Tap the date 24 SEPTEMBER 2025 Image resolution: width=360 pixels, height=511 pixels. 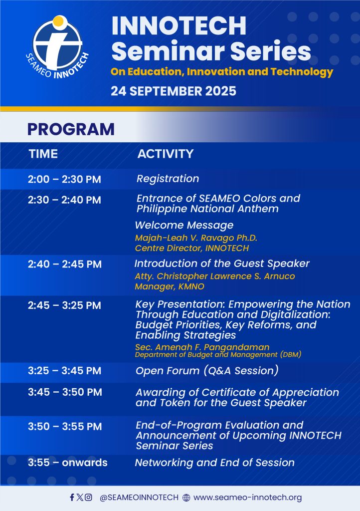click(174, 91)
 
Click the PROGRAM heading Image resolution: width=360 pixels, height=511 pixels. click(71, 129)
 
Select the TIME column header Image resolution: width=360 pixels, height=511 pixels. click(43, 154)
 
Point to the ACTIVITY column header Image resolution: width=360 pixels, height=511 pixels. click(166, 154)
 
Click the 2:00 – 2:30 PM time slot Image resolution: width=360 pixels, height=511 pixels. click(64, 179)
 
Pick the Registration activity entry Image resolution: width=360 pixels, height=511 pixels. click(168, 179)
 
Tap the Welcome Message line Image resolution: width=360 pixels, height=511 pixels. click(184, 225)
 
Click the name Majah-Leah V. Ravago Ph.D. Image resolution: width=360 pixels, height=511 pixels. click(196, 238)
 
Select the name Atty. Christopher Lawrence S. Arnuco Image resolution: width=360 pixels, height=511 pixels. click(215, 276)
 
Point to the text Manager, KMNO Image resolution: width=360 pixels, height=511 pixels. click(170, 286)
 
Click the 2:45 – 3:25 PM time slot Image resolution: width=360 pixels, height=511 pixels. click(64, 305)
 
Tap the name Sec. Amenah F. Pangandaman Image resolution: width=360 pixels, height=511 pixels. click(202, 347)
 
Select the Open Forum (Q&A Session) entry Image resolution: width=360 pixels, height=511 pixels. click(207, 371)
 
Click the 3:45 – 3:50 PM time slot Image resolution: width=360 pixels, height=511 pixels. click(65, 392)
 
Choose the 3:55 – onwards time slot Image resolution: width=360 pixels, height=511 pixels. click(67, 463)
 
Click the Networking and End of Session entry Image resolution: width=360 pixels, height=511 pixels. click(214, 463)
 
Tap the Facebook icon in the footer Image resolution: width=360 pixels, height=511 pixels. click(72, 498)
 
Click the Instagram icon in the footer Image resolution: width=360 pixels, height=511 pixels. click(88, 498)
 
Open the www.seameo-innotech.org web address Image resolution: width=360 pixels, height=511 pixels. click(247, 498)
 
